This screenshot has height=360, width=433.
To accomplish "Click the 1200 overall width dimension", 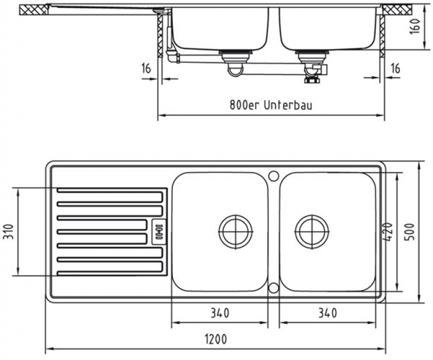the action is [x=216, y=339].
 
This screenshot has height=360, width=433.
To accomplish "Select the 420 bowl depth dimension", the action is [x=389, y=232].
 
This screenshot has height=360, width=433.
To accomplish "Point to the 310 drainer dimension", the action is [x=9, y=232].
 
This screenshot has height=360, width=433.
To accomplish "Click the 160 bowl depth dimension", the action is [x=415, y=26].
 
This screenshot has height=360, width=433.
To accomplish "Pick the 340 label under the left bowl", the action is [x=220, y=313].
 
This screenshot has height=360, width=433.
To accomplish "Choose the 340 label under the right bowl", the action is [x=328, y=313].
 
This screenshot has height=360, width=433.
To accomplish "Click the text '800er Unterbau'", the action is [x=271, y=105].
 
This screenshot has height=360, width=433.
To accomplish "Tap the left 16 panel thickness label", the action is [x=146, y=69].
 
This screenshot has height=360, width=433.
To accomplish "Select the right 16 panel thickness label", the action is [x=395, y=69].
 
